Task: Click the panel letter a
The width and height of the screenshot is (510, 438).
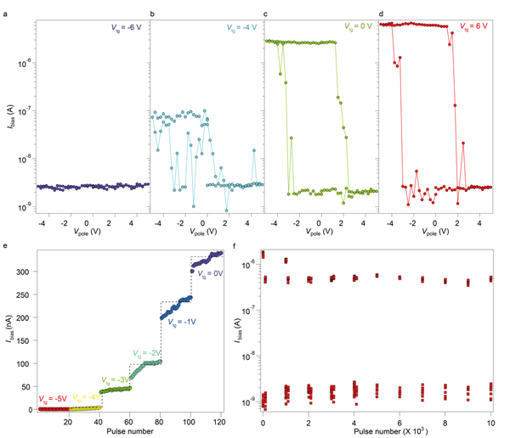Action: point(6,14)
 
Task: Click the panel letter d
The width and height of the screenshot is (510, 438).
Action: point(381,14)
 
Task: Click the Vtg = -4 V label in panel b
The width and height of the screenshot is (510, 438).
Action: point(242,27)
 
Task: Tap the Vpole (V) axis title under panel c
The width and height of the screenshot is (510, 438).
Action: point(319,233)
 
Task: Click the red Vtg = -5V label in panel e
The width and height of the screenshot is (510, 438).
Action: point(54,399)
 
